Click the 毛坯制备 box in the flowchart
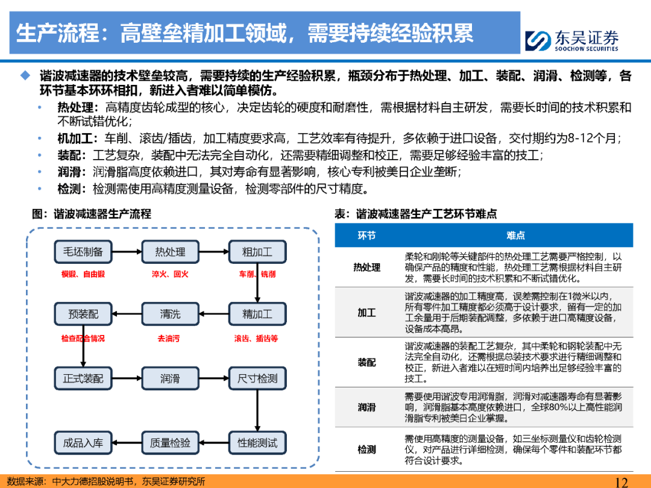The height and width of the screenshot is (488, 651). (83, 251)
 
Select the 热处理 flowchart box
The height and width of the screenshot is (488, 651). (170, 251)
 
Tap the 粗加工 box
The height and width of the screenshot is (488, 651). (257, 251)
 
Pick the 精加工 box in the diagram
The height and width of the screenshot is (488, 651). (257, 314)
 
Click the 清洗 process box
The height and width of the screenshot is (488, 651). (170, 314)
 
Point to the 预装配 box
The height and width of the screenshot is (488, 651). (83, 314)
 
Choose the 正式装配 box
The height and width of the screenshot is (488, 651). (83, 378)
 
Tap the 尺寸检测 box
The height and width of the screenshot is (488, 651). (257, 378)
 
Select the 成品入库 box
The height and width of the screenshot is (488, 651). (83, 443)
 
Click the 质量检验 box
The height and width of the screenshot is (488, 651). (170, 443)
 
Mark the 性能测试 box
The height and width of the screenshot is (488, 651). (257, 443)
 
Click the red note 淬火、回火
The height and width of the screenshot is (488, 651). (170, 274)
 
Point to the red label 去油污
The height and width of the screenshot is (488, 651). (169, 339)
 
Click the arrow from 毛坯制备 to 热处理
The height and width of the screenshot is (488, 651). (127, 251)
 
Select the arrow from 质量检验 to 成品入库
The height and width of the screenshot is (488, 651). (127, 443)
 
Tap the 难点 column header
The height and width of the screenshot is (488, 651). (515, 236)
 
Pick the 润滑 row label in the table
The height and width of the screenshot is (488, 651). (367, 407)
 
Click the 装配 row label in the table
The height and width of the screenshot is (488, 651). (367, 362)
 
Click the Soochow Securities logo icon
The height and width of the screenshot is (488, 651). (538, 41)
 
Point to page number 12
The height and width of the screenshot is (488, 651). (621, 482)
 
